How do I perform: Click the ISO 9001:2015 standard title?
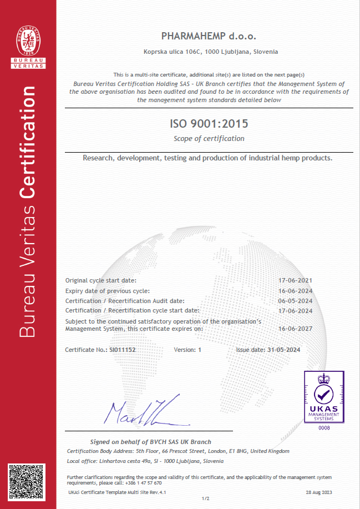[209, 123]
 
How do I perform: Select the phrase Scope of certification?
[209, 138]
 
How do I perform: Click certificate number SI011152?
[124, 350]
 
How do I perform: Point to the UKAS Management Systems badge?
[323, 397]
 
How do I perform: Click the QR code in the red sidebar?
[28, 483]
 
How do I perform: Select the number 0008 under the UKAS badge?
[323, 429]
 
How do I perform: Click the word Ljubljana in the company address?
[235, 52]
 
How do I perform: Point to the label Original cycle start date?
[100, 281]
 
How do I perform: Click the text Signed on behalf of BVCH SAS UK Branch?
[150, 442]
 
